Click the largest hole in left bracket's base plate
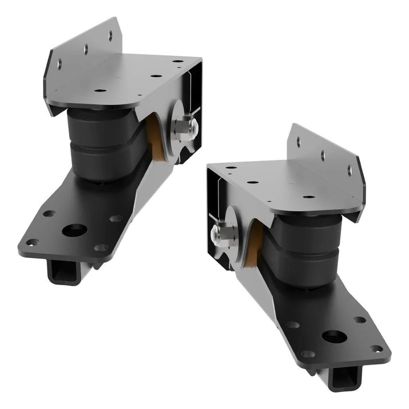[74, 230]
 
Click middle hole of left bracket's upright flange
[86, 49]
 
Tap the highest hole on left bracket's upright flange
[110, 35]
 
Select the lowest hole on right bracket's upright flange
[350, 170]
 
